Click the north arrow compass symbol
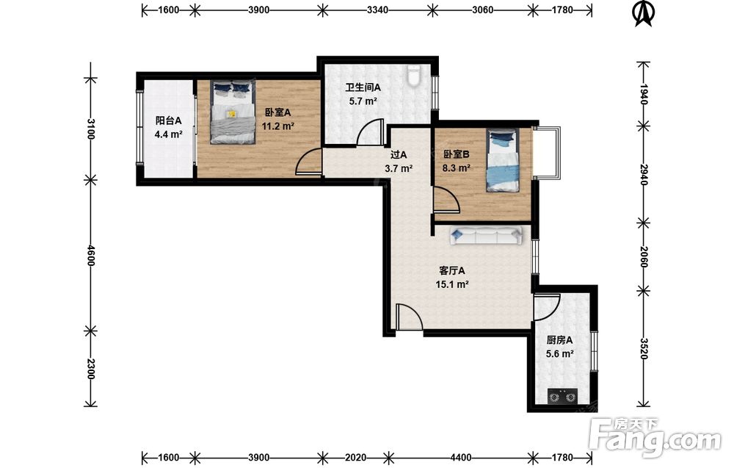(643, 13)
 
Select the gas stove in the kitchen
(562, 397)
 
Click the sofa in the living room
(487, 236)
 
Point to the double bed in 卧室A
(233, 112)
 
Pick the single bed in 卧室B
(503, 160)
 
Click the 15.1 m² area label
(452, 284)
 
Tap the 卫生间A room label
(363, 87)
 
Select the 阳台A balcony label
(169, 121)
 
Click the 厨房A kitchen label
(559, 341)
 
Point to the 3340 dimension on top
(377, 10)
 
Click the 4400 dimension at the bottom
(461, 458)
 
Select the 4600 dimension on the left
(91, 256)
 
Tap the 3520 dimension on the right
(644, 349)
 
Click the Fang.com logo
(655, 437)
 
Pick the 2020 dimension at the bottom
(355, 458)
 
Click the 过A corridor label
(399, 154)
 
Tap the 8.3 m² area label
(457, 168)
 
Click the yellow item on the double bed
(231, 113)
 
